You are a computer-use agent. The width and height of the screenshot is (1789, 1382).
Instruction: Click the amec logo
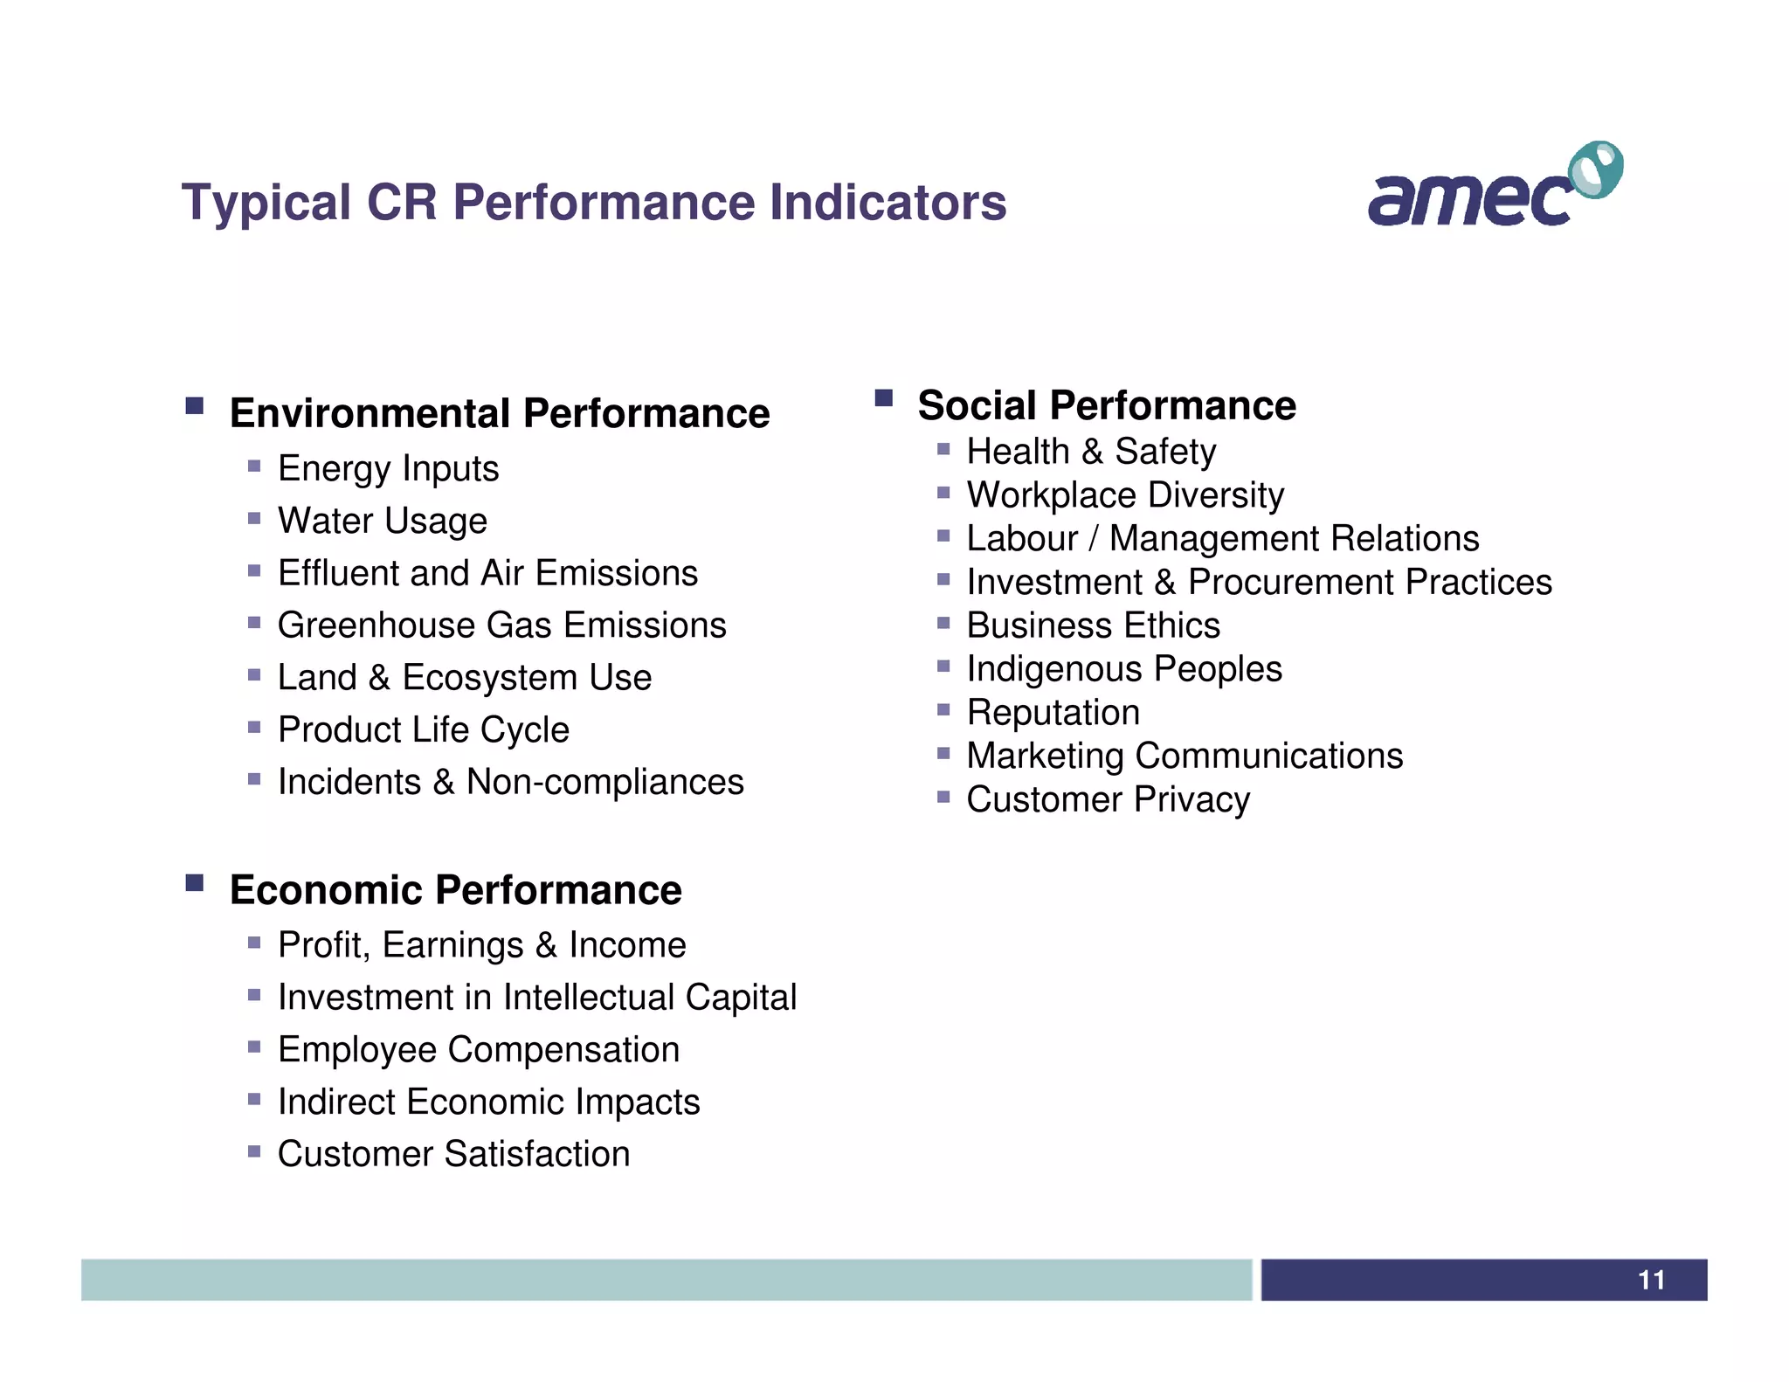point(1494,186)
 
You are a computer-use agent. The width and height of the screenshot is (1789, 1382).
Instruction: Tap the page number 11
point(1651,1280)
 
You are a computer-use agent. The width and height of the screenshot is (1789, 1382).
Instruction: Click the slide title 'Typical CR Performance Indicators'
point(594,203)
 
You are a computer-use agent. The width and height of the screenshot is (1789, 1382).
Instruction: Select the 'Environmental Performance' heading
point(500,413)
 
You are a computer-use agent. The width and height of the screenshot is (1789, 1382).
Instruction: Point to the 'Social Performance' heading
point(1107,405)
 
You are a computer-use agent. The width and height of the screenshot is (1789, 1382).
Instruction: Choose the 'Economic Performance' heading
point(455,890)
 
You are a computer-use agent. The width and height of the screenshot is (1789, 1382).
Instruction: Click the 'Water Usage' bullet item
point(383,521)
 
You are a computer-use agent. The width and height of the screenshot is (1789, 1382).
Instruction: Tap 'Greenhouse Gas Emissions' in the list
point(501,625)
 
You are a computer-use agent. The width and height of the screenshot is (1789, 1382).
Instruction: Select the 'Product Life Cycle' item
point(424,729)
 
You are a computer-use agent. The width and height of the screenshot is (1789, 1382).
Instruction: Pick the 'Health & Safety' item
point(1091,452)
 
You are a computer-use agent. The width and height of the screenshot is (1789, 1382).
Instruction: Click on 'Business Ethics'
point(1093,625)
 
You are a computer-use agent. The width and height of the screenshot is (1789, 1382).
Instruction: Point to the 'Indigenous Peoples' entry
point(1124,669)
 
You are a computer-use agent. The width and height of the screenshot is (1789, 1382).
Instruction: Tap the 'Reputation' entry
point(1053,713)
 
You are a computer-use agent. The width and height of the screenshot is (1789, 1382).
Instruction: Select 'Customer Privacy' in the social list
point(1108,799)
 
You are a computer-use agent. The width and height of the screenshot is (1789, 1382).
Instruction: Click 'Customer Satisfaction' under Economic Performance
point(453,1154)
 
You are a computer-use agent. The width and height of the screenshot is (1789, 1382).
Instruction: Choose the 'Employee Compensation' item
point(479,1049)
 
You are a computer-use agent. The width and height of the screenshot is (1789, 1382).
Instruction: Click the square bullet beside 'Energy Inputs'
point(254,466)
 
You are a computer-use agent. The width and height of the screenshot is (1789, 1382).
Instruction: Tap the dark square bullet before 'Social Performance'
point(883,398)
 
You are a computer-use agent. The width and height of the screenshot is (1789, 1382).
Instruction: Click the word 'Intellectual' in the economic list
point(589,998)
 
